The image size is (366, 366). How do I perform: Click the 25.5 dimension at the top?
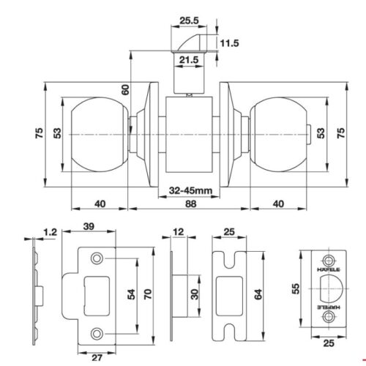189,20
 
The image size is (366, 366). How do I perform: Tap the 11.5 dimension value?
229,43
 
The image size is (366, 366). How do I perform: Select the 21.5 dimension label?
189,60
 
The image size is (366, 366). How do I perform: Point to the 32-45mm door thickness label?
190,190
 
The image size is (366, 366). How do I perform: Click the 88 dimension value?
190,203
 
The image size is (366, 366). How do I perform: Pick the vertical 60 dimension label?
126,89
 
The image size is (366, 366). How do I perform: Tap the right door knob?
279,135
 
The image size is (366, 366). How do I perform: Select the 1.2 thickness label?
50,232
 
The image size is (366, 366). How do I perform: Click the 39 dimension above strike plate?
89,226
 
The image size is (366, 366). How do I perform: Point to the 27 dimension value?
97,358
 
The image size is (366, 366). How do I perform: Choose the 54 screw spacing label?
132,294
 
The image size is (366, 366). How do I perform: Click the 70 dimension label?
148,294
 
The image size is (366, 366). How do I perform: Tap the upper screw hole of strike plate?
97,258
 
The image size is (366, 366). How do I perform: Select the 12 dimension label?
179,232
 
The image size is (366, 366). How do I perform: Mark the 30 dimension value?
195,294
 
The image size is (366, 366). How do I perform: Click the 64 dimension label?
258,294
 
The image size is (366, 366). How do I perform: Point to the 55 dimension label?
296,289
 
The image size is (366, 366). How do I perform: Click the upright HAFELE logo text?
328,269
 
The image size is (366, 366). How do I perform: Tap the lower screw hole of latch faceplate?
328,317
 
